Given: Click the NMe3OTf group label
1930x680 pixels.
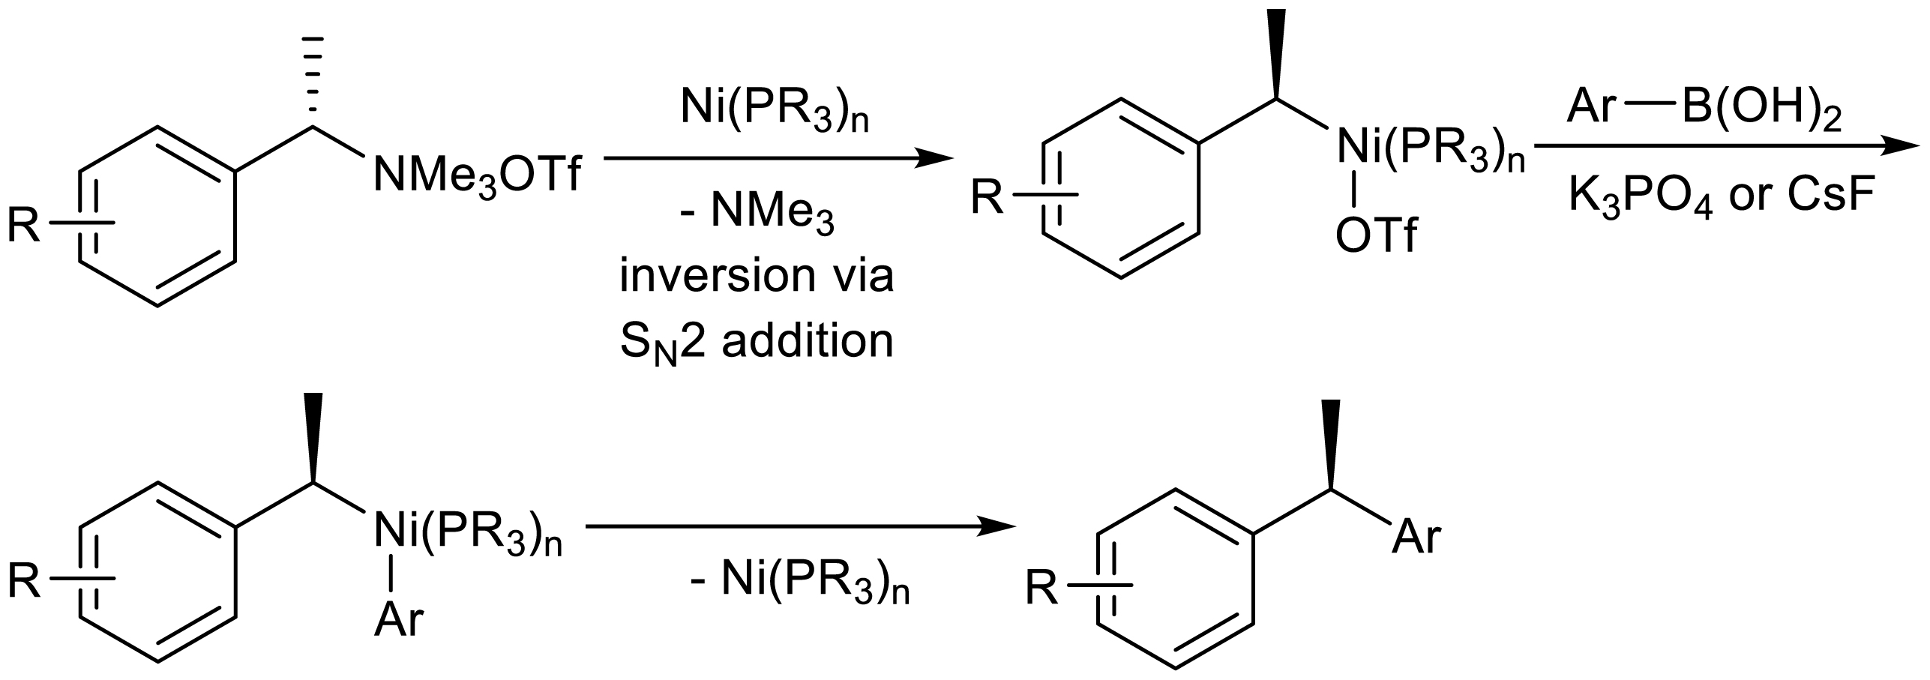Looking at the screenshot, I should tap(478, 178).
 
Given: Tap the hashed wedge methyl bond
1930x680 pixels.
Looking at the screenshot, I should tap(315, 79).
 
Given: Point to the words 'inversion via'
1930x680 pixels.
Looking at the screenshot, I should tap(757, 277).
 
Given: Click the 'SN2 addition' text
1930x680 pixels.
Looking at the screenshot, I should tap(757, 343).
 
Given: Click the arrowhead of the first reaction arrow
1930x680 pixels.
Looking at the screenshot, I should tap(934, 159).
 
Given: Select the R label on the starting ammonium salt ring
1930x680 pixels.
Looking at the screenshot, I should tap(23, 225).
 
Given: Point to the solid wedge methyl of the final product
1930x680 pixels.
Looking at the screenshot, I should tap(1331, 442).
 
